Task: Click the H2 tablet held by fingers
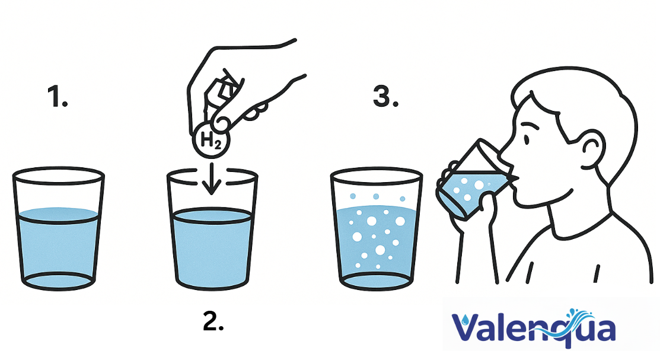[211, 140]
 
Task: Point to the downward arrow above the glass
[211, 179]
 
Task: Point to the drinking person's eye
[527, 139]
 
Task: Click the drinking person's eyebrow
[530, 126]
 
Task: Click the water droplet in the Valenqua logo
[464, 320]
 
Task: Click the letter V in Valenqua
[465, 327]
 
